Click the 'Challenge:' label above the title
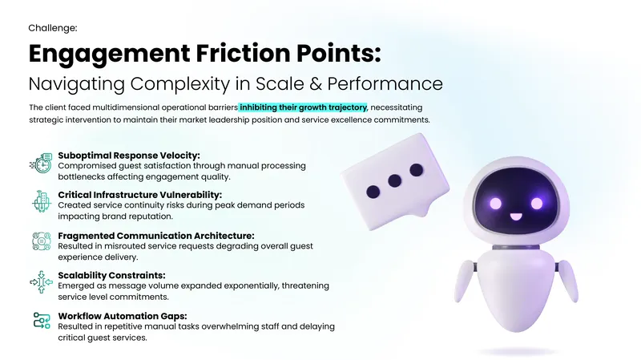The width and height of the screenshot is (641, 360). [53, 28]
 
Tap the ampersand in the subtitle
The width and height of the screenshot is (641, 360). [316, 83]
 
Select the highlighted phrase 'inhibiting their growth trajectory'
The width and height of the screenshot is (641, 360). [304, 107]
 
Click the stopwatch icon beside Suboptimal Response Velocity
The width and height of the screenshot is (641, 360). [42, 163]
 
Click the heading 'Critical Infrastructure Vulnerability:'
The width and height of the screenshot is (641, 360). [139, 195]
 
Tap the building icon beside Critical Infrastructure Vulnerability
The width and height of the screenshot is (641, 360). [42, 201]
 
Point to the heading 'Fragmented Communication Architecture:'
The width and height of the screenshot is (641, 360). [155, 236]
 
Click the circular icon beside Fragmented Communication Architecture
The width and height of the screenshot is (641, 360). [42, 241]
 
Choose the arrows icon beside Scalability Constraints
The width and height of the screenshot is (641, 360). [42, 282]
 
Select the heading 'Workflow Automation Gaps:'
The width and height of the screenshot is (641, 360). [123, 316]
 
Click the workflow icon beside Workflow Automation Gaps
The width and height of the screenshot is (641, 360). [42, 321]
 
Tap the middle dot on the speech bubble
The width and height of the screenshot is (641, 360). [394, 180]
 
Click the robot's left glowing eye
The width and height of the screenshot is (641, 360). [495, 203]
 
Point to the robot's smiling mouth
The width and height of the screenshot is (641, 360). [516, 216]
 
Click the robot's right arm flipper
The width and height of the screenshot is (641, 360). [568, 281]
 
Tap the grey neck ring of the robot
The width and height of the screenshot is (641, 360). [515, 247]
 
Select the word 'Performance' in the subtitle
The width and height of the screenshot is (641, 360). [385, 83]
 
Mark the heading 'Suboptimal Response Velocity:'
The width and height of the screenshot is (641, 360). [129, 156]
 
